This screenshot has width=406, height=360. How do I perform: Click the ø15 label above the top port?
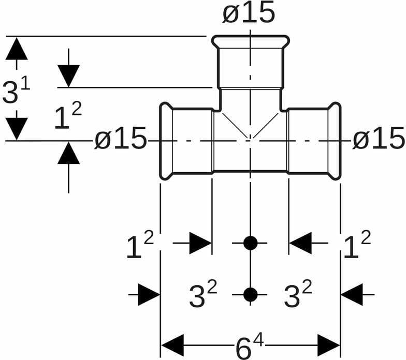pos(249,13)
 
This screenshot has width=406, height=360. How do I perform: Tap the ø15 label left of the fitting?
pos(120,140)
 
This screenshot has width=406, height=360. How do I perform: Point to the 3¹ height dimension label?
pos(16,92)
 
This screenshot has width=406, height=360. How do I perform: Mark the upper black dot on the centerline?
pos(250,243)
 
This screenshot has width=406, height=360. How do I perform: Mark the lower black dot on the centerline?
pos(250,294)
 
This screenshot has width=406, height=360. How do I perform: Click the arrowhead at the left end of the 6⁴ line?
pos(173,346)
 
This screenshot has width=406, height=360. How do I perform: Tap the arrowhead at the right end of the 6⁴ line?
pos(328,346)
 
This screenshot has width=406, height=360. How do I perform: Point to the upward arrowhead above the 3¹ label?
pos(17,49)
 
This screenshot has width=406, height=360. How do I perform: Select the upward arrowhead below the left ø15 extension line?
pos(69,154)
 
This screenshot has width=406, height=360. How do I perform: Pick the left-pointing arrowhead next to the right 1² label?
pos(300,243)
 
